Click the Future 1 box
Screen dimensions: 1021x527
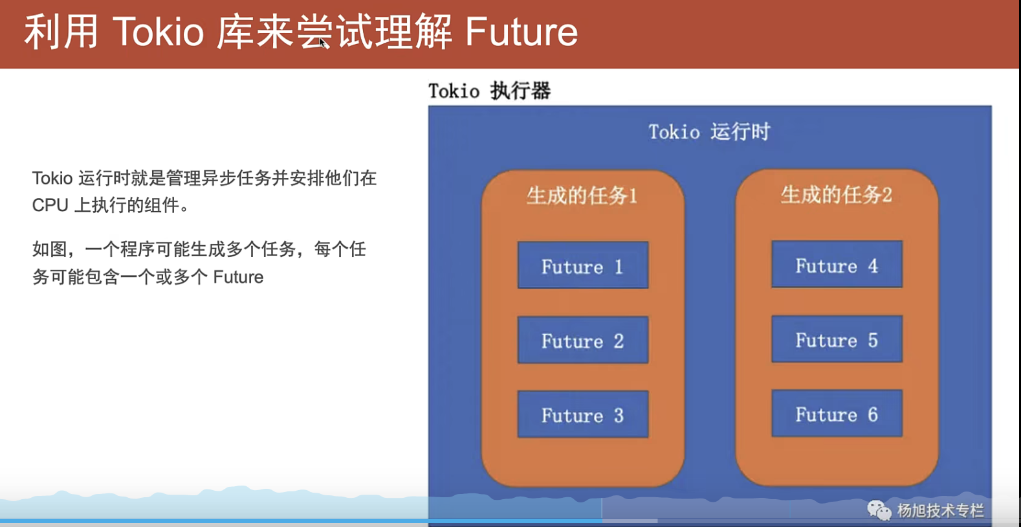[x=582, y=265]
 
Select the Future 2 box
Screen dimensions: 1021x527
[x=582, y=340]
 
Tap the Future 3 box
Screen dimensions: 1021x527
[x=582, y=414]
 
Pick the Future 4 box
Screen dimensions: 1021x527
[x=837, y=264]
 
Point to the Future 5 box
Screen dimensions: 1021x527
[x=837, y=339]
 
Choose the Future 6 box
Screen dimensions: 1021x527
[x=837, y=414]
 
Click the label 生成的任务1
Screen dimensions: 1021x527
[x=582, y=196]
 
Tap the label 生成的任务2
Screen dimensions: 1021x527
[x=836, y=195]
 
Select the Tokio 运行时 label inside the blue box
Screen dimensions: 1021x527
[x=709, y=132]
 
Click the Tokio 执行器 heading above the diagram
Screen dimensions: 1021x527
[x=490, y=91]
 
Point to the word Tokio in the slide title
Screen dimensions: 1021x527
[x=158, y=32]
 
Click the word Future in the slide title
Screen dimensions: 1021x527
[x=521, y=32]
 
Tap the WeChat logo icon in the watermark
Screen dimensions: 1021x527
[x=879, y=510]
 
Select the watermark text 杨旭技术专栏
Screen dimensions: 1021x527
[x=940, y=511]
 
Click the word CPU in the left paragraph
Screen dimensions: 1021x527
[x=50, y=205]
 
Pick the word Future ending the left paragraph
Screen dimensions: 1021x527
[x=238, y=277]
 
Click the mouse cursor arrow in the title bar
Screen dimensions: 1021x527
[x=323, y=43]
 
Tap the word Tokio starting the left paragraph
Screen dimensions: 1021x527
[x=52, y=178]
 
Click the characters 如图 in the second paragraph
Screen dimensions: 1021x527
[x=49, y=250]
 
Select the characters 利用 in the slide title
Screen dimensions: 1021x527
[x=61, y=32]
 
